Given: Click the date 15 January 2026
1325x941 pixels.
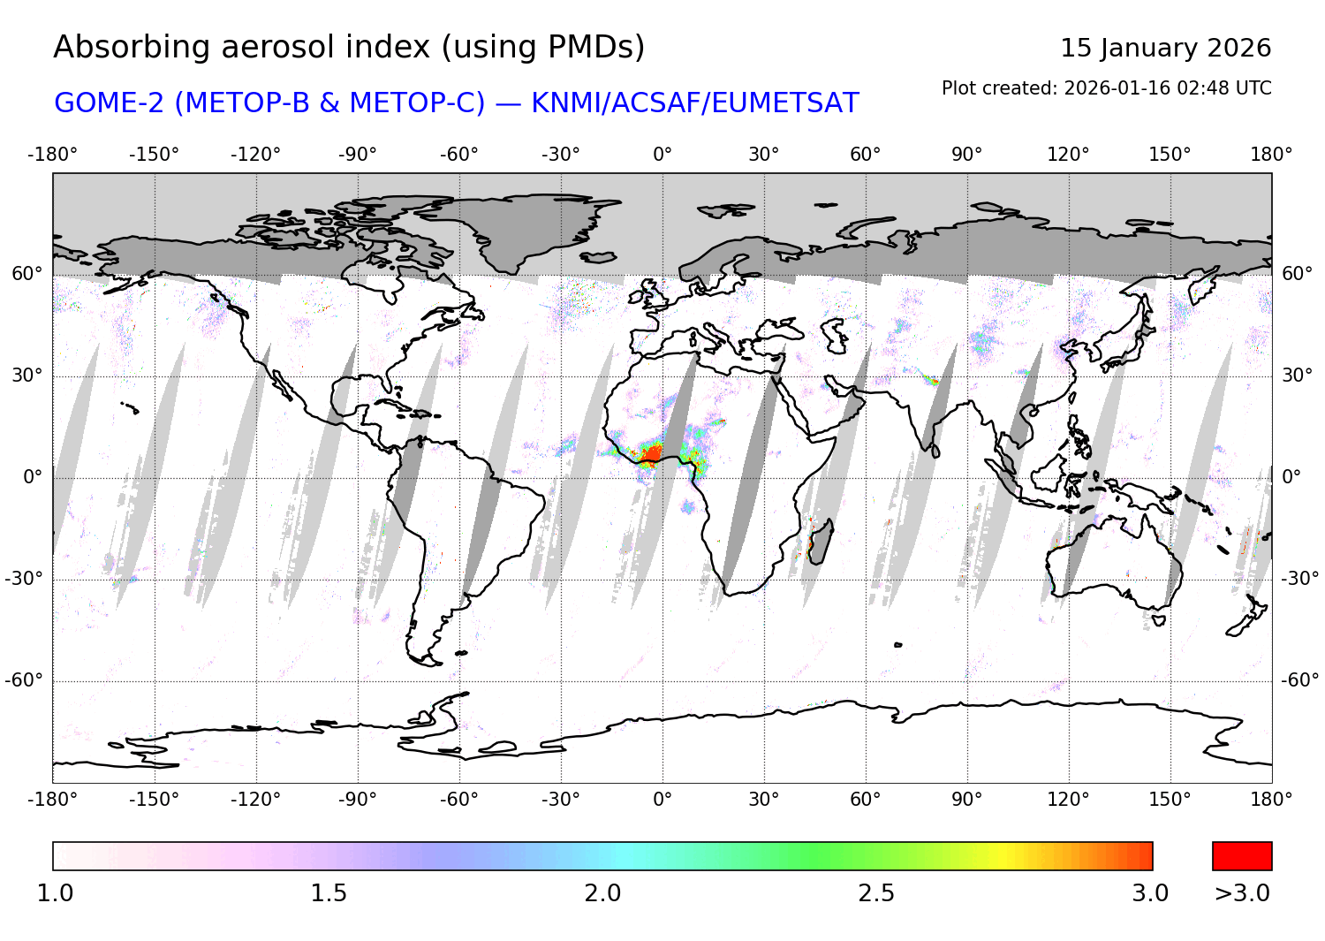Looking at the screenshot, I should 1165,48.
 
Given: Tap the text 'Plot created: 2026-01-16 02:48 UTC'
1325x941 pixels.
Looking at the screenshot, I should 1106,88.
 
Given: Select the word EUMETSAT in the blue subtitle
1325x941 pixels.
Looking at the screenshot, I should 785,103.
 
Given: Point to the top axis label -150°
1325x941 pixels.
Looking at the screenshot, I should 154,155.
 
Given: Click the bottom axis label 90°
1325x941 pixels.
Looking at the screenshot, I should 966,800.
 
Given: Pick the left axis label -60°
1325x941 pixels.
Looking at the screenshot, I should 24,680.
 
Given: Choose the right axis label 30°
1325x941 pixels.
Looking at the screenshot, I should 1297,376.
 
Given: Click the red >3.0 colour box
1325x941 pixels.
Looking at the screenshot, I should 1242,856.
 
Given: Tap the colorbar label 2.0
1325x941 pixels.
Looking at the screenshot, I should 602,893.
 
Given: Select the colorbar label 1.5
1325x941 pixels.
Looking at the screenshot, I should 329,893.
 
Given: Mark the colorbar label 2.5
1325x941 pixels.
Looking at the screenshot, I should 876,893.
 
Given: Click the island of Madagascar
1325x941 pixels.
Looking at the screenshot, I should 820,541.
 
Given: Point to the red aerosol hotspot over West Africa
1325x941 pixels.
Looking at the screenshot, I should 652,454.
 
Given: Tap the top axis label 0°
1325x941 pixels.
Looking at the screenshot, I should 662,155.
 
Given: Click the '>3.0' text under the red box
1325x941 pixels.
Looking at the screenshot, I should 1242,893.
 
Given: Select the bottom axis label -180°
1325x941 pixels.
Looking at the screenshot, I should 53,800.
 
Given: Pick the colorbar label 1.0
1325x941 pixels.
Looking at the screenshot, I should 55,893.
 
